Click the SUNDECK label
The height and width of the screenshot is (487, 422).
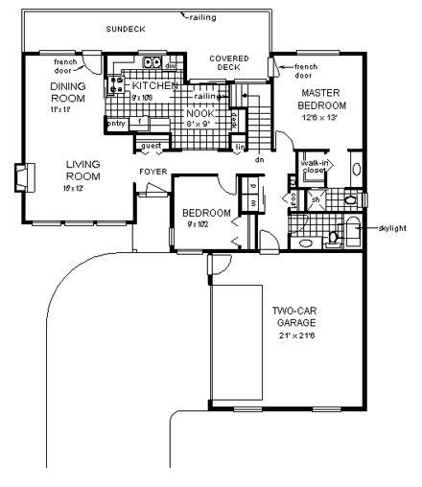pyautogui.click(x=127, y=30)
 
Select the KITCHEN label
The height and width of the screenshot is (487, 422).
pyautogui.click(x=156, y=85)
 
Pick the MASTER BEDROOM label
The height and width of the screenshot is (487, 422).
pyautogui.click(x=308, y=98)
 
